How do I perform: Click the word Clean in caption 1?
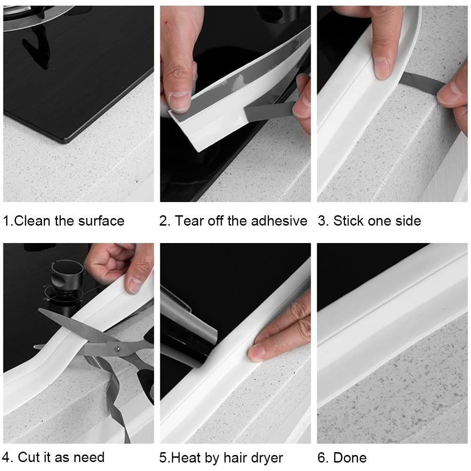32,221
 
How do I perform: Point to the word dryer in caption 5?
266,457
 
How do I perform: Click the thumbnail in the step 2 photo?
179,101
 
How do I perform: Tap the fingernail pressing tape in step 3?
382,67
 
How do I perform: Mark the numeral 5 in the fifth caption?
163,457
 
